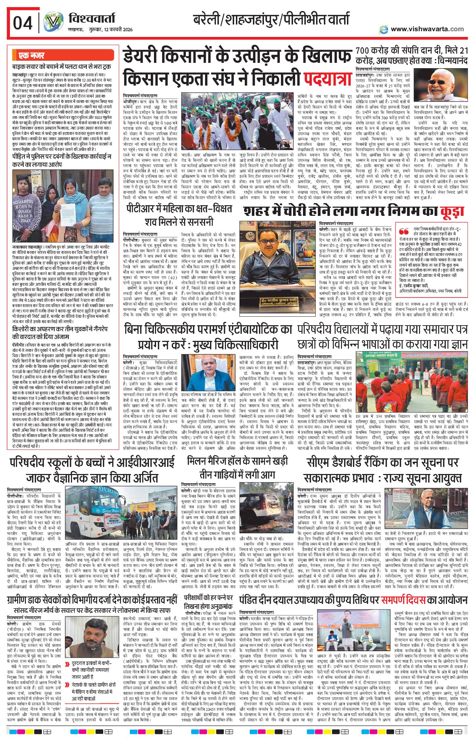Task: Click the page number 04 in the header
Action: [23, 23]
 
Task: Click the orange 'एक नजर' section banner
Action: [32, 56]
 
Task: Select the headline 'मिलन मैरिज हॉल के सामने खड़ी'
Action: [237, 461]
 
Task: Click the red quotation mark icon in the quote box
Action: [404, 231]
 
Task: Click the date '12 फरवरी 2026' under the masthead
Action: [116, 29]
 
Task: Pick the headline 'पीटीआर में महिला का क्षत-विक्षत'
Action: [179, 208]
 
